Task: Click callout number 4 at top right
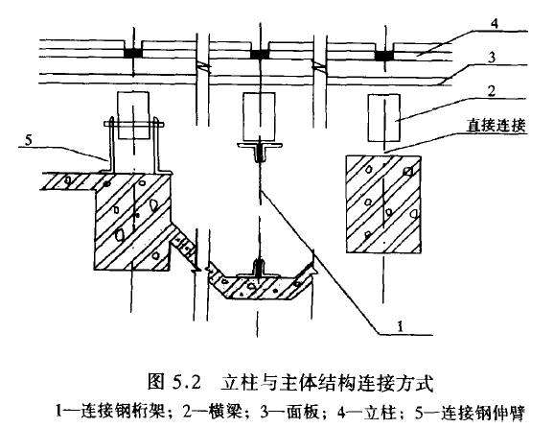[495, 24]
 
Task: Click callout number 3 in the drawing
[492, 58]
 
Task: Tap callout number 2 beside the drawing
[492, 91]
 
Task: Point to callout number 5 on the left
[28, 140]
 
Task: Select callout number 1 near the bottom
[400, 326]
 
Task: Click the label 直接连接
[496, 125]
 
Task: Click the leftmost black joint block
[133, 53]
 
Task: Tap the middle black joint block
[260, 54]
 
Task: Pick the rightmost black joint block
[384, 56]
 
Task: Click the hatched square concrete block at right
[383, 204]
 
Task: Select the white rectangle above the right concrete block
[384, 118]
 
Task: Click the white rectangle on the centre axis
[259, 117]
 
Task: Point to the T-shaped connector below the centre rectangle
[260, 151]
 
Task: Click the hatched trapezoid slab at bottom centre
[261, 282]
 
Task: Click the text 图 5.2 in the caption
[173, 382]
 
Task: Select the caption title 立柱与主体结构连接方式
[327, 383]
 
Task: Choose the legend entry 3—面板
[289, 413]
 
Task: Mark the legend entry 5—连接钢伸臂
[470, 413]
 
